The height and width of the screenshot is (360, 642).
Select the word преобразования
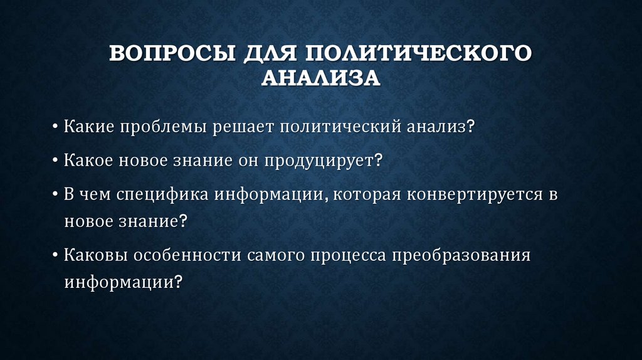pos(459,257)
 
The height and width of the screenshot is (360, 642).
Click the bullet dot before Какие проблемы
pos(56,128)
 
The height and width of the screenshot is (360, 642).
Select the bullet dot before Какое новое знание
pos(56,161)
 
